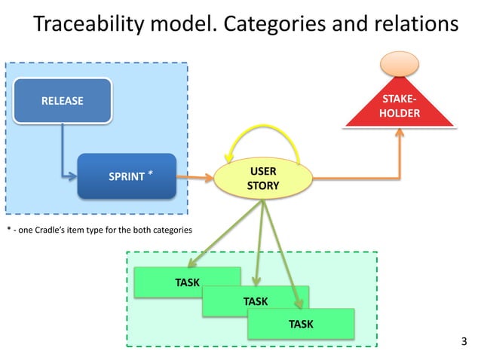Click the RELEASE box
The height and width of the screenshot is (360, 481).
tap(63, 100)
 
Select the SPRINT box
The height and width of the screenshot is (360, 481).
tap(127, 177)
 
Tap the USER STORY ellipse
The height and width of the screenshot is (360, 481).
tap(263, 179)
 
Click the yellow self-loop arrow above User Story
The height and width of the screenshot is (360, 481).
tap(263, 136)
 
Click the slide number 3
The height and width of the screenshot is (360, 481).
tap(464, 343)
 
